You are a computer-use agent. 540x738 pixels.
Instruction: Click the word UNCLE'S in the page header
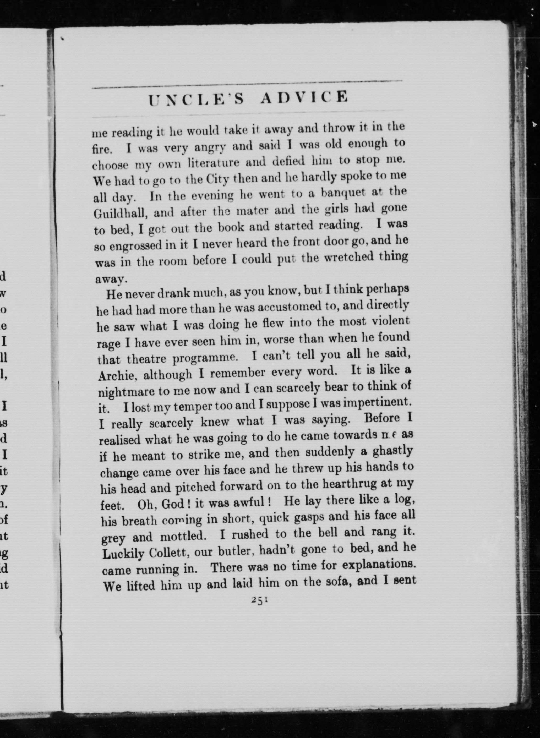pyautogui.click(x=196, y=99)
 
